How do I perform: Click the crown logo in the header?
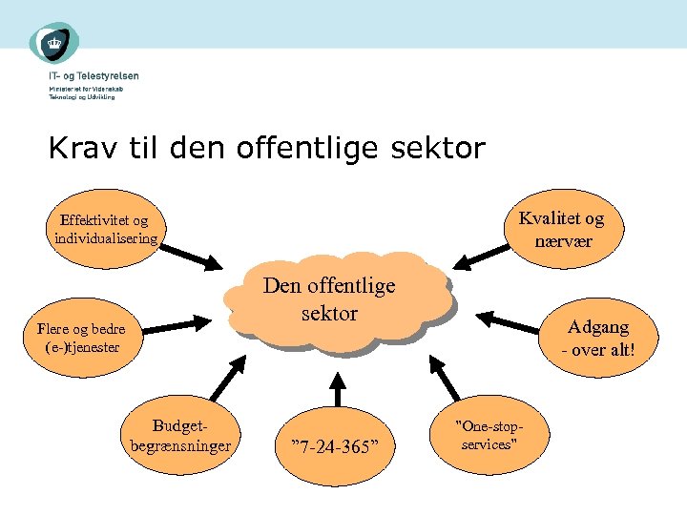coord(52,43)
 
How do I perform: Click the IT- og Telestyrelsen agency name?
coord(94,75)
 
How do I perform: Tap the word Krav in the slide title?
coord(78,149)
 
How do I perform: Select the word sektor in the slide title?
coord(438,149)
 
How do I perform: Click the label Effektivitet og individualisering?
coord(106,229)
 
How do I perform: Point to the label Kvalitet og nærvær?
coord(561,229)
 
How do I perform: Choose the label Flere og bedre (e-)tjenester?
coord(80,338)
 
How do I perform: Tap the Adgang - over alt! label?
coord(598,338)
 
